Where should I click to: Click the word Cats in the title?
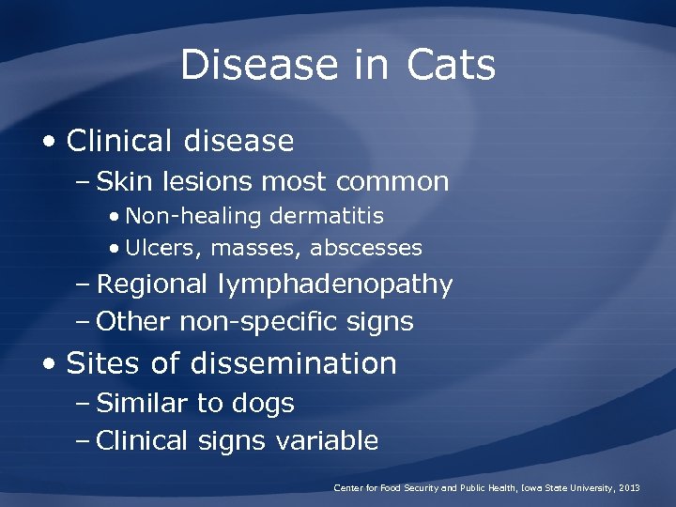point(452,66)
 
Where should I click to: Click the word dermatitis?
point(327,216)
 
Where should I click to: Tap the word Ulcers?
point(163,249)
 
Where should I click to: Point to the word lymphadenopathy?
point(335,284)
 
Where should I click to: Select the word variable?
point(327,440)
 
